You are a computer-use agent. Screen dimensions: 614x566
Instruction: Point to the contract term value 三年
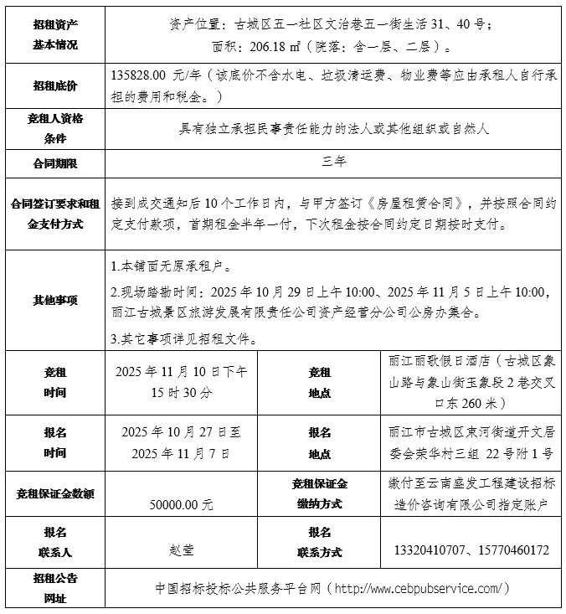tap(333, 162)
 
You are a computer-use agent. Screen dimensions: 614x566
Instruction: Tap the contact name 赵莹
tap(182, 550)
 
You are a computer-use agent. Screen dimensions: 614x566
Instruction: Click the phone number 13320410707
tap(429, 550)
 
